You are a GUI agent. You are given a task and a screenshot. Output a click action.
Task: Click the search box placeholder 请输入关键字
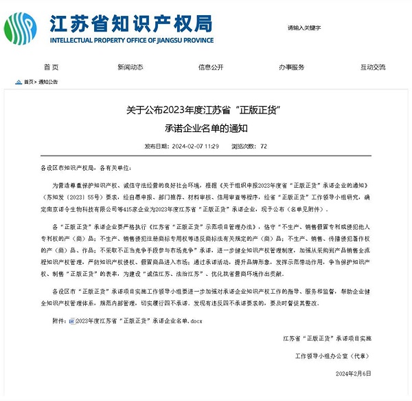coord(304,28)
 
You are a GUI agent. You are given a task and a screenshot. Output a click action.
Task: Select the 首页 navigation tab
coord(51,67)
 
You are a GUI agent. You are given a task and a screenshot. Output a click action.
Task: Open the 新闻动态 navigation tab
coord(130,67)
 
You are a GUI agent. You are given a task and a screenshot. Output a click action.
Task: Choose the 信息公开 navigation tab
coord(211,67)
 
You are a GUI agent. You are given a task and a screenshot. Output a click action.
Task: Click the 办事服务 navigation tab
coord(291,67)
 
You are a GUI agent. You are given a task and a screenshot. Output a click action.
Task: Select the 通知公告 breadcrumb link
coord(48,82)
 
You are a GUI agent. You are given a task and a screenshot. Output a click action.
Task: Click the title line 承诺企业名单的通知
coord(205,128)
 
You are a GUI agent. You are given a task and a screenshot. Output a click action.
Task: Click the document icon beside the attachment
coord(71,321)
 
